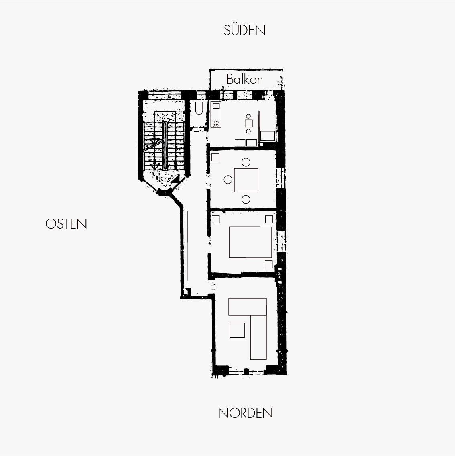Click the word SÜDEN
tap(244, 30)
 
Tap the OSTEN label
tap(66, 224)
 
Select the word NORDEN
tap(246, 413)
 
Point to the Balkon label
tap(244, 79)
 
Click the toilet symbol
tap(199, 108)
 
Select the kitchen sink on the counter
tap(216, 106)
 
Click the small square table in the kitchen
tap(248, 123)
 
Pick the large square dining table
tap(246, 180)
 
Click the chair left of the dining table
tap(228, 180)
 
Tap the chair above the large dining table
tap(246, 162)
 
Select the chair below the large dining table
tap(246, 200)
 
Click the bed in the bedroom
tap(250, 242)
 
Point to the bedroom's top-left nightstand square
tap(215, 219)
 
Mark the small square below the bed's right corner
tap(268, 264)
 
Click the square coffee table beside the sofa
tap(237, 330)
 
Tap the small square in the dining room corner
tap(215, 157)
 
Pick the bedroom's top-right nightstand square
tap(269, 219)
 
